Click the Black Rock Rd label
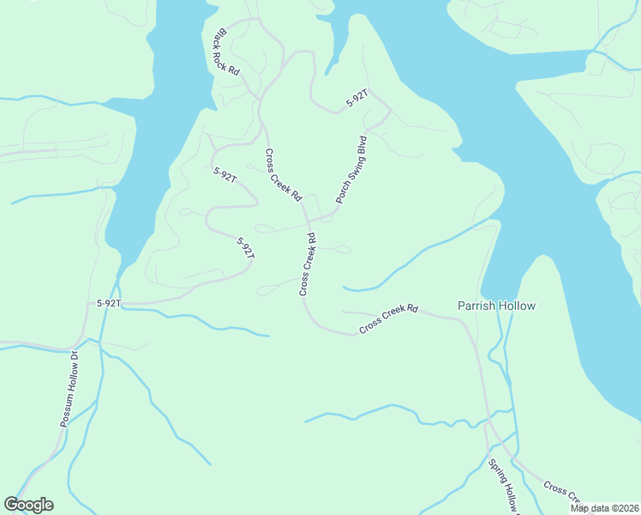(227, 51)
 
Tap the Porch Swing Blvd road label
(351, 169)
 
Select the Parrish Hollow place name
(496, 306)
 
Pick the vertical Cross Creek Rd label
(308, 264)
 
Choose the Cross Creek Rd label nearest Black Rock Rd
(284, 175)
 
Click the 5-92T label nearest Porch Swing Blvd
(357, 98)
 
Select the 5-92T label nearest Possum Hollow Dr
(109, 303)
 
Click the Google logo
(28, 505)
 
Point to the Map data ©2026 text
(603, 508)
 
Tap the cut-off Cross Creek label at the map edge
(564, 493)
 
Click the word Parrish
(477, 306)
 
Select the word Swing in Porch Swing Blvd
(351, 169)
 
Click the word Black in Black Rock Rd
(220, 39)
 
